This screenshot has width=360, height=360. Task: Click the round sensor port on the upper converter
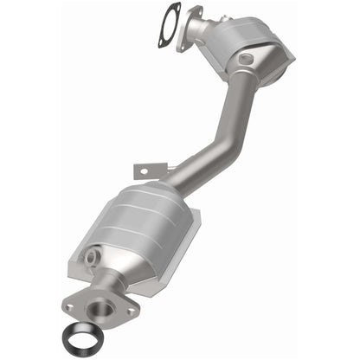coord(247,59)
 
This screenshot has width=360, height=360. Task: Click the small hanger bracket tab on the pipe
coord(139,168)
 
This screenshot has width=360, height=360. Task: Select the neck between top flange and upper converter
coord(204,31)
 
